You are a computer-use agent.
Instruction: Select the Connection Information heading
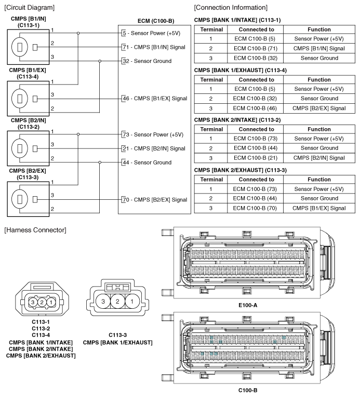tap(231, 7)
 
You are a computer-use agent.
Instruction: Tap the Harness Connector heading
tap(34, 229)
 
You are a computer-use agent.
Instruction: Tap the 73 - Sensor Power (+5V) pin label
tap(152, 134)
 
